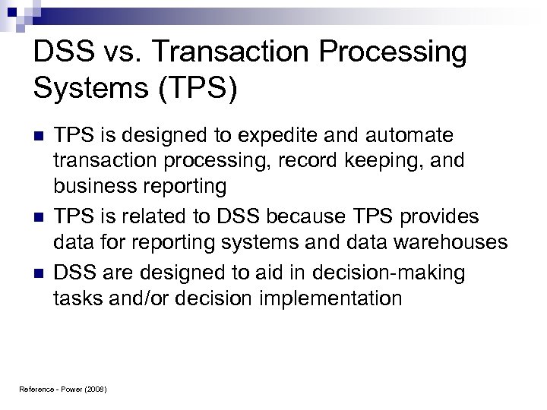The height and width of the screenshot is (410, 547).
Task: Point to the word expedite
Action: click(x=297, y=136)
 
